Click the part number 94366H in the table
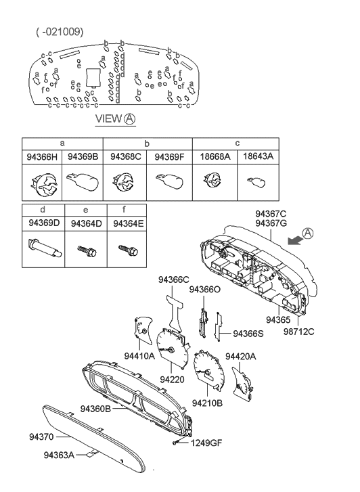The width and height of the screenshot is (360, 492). [x=42, y=156]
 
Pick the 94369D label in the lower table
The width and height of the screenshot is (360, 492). [x=43, y=223]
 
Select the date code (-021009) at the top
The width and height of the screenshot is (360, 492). [x=60, y=32]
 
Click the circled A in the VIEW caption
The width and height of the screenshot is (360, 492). [x=130, y=119]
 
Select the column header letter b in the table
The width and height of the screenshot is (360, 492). [x=148, y=143]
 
